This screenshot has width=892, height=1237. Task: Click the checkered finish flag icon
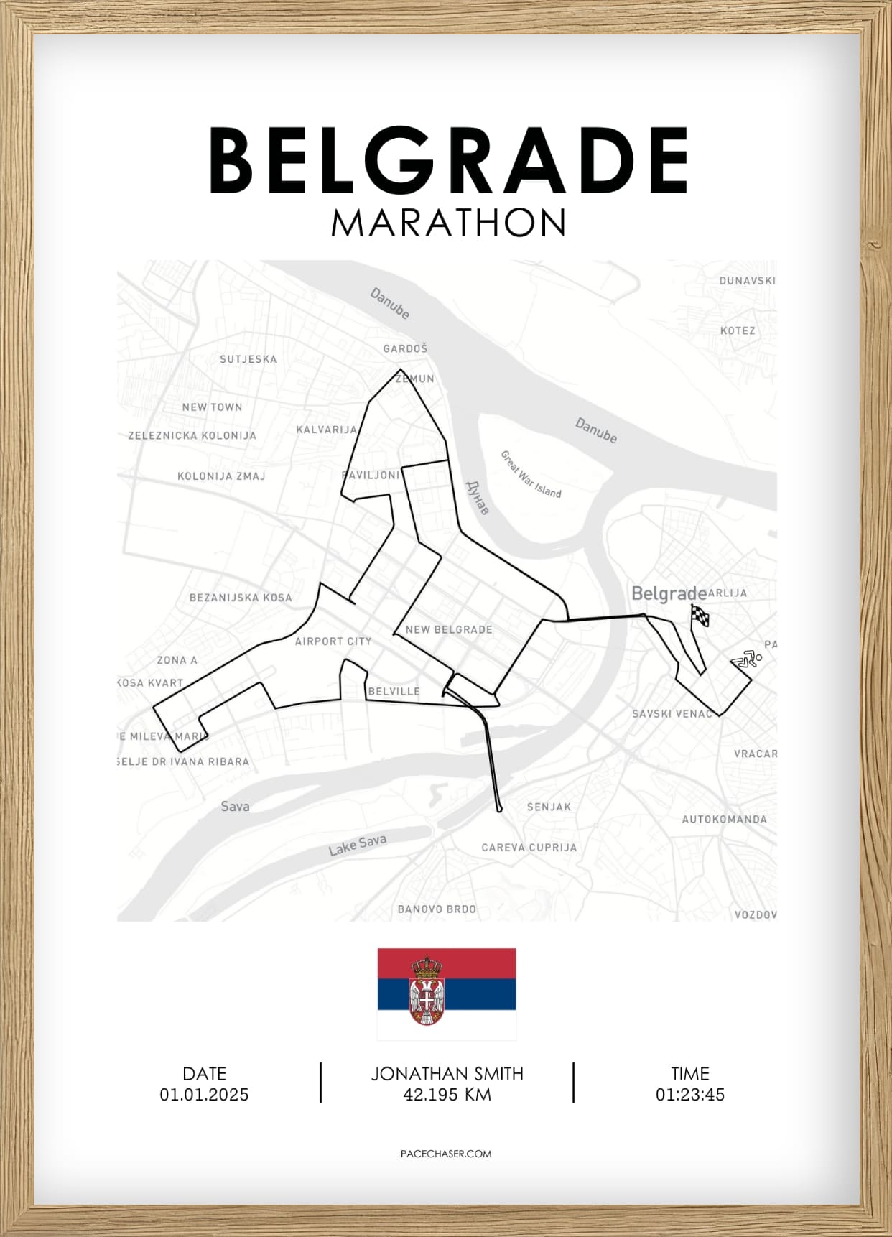pos(700,616)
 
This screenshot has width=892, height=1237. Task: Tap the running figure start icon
pos(747,659)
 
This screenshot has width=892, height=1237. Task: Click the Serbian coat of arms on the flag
pos(427,991)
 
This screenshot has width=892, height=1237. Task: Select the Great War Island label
pos(531,474)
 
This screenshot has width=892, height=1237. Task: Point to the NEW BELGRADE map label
pos(449,629)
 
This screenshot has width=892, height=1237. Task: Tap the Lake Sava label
pos(358,845)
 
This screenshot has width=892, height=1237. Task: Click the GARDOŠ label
pos(405,348)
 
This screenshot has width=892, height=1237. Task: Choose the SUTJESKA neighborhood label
pos(248,359)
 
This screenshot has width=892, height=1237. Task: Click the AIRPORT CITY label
pos(333,641)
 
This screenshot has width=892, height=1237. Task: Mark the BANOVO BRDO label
pos(437,909)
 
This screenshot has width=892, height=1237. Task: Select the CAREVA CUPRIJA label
pos(529,847)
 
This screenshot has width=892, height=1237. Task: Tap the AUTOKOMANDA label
pos(724,819)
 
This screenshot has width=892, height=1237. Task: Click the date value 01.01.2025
pos(205,1095)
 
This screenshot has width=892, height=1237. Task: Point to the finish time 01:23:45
pos(689,1095)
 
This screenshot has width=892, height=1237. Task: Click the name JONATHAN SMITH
pos(447,1074)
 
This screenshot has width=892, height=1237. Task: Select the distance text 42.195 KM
pos(447,1095)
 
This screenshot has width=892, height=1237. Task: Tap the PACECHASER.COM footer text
pos(446,1153)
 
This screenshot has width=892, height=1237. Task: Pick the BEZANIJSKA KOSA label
pos(241,598)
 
